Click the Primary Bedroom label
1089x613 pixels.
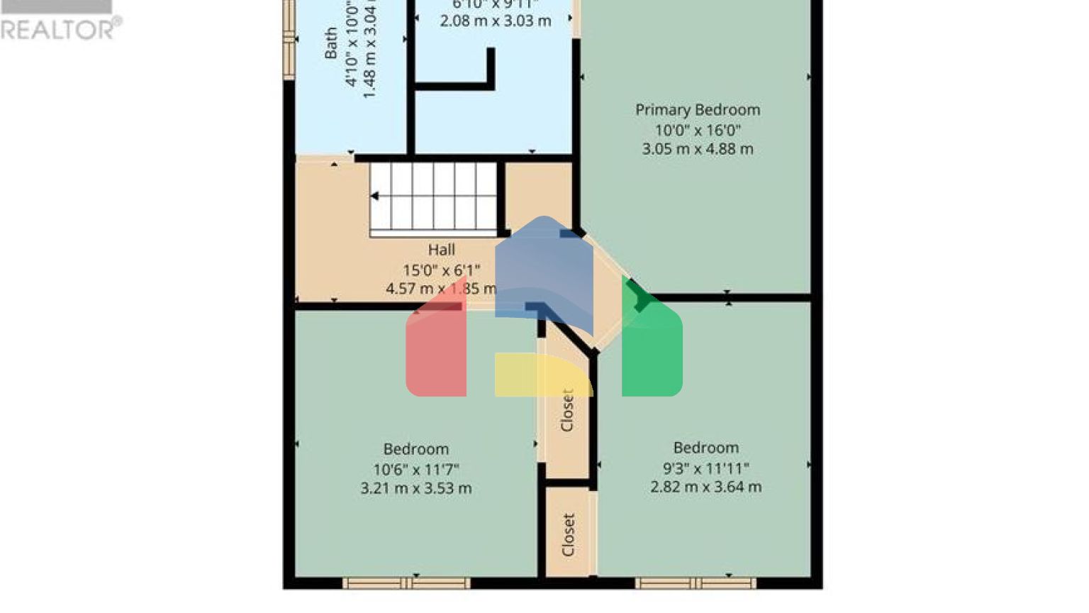tap(698, 110)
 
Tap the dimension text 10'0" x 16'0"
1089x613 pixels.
tap(698, 130)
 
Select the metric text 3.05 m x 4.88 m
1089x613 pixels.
tap(698, 149)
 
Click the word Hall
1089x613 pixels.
tap(441, 250)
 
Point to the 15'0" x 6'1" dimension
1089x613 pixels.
tap(441, 270)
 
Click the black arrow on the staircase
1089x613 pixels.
tap(374, 196)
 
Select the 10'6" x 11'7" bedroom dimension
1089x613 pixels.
tap(416, 469)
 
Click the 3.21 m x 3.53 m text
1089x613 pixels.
tap(416, 488)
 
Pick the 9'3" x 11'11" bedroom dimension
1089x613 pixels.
tap(706, 468)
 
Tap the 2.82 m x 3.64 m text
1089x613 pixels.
tap(706, 487)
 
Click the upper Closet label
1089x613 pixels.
tap(567, 410)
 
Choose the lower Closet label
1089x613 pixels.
tap(568, 534)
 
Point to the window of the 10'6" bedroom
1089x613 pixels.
tap(406, 583)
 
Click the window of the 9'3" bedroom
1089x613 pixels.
tap(696, 583)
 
